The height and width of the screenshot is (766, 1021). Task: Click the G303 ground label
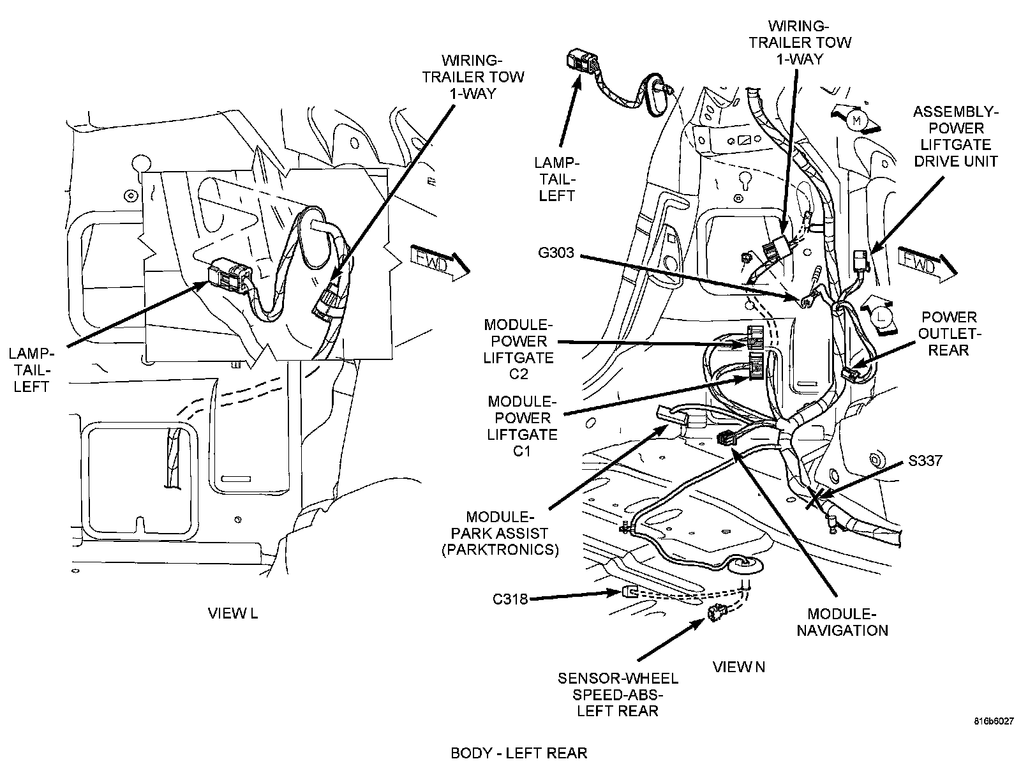point(556,253)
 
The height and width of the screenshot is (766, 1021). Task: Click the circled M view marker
point(857,119)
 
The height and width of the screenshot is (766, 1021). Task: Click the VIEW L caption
point(233,613)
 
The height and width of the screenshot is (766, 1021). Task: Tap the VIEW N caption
point(738,667)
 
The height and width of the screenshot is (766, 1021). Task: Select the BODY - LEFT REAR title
point(519,753)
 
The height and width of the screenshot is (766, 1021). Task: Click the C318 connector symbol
point(629,592)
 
